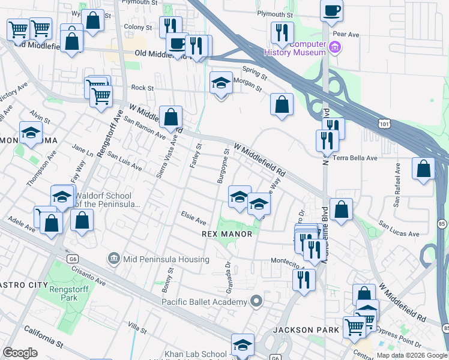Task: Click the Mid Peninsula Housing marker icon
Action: point(113,259)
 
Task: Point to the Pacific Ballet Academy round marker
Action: point(257,301)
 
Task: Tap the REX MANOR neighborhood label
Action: point(227,233)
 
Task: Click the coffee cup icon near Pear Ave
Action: point(331,10)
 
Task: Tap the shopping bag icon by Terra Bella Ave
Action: point(424,169)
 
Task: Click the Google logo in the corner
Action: point(20,353)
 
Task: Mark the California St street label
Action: point(43,337)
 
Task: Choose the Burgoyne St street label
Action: point(223,166)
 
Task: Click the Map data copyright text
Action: point(411,355)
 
